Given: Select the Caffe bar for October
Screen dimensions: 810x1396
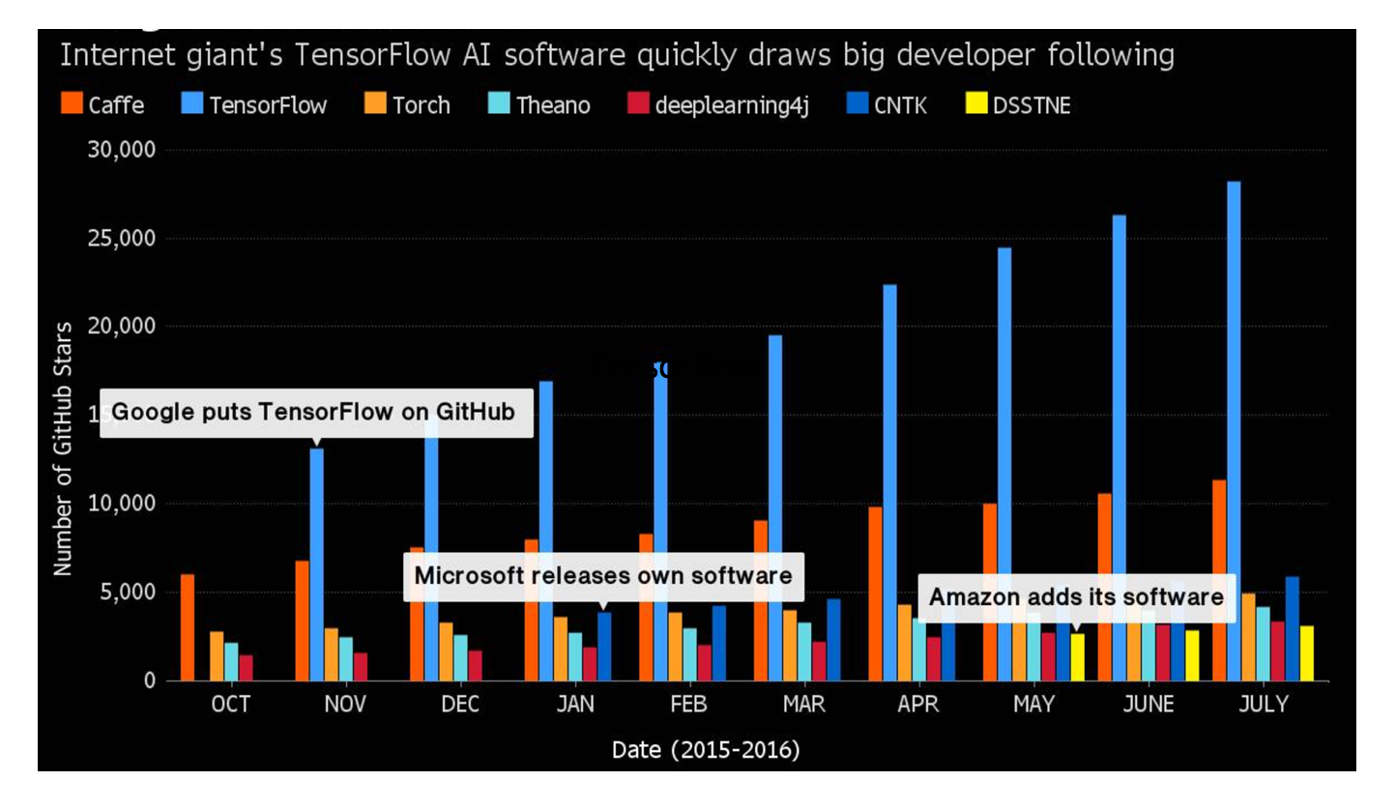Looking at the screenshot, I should click(x=188, y=627).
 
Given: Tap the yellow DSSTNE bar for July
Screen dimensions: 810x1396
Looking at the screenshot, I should click(x=1307, y=653).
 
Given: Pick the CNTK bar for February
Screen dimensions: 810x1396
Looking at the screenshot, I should click(x=718, y=643).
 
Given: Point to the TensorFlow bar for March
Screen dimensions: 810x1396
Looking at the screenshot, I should click(x=775, y=507).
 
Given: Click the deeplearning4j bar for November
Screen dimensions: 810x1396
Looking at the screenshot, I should click(x=361, y=667).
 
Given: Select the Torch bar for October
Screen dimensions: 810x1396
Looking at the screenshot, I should click(x=217, y=656).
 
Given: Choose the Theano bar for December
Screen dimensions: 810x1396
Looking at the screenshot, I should click(x=460, y=657).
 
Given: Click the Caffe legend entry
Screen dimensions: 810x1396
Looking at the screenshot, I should click(x=102, y=104).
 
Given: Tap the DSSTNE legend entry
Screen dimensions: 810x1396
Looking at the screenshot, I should click(x=1018, y=104).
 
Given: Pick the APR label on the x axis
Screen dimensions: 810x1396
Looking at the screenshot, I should click(x=917, y=705).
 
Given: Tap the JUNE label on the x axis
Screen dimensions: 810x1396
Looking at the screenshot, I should click(x=1148, y=705).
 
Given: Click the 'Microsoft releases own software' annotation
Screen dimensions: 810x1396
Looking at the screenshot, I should click(x=603, y=575).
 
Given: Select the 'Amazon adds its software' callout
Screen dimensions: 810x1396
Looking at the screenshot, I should click(x=1076, y=597).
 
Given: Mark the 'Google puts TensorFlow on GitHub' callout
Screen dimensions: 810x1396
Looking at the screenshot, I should click(x=316, y=413).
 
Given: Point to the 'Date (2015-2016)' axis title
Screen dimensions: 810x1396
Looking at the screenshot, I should click(x=706, y=749).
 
